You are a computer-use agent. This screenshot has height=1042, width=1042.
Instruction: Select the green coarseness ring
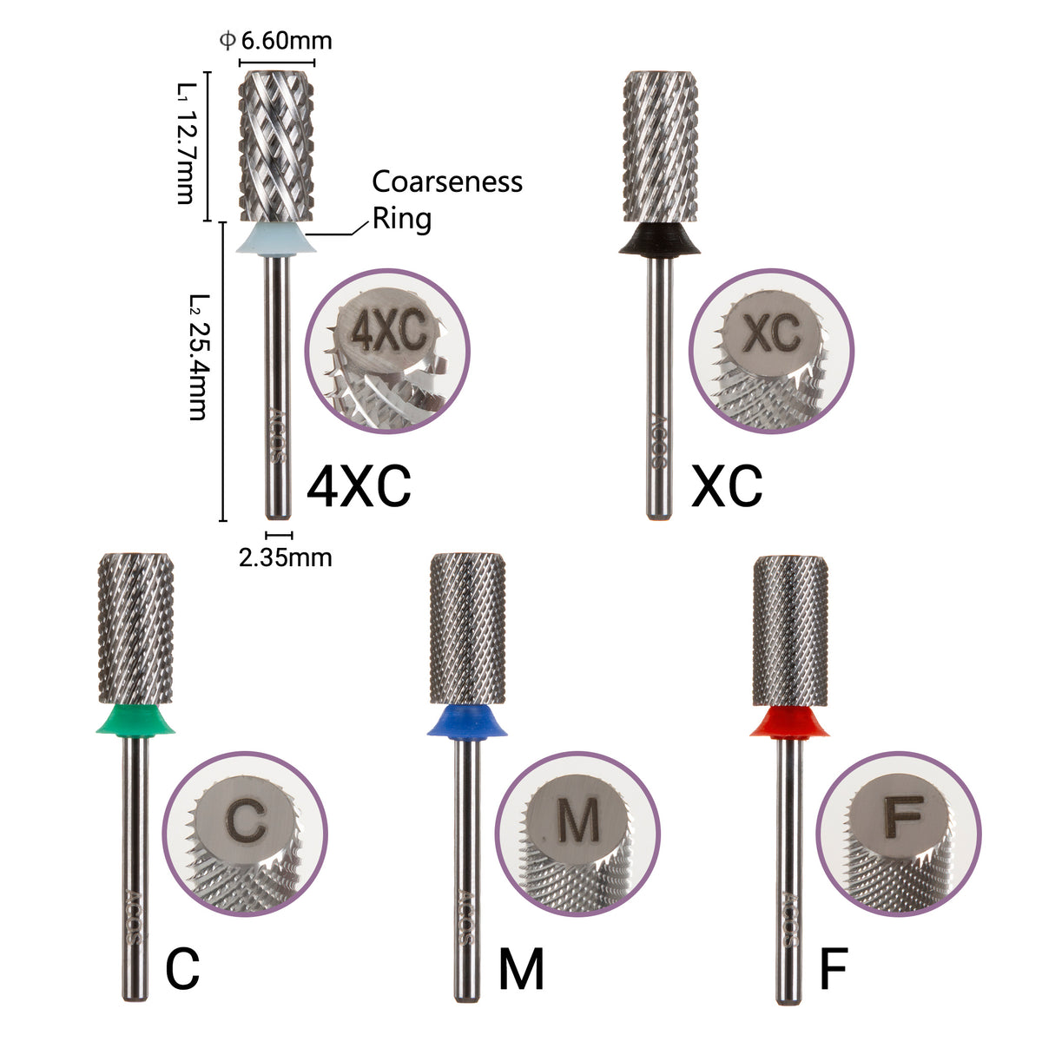[x=135, y=719]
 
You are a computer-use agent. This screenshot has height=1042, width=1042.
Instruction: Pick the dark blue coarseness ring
[x=467, y=720]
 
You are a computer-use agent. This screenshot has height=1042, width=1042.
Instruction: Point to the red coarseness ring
[x=788, y=720]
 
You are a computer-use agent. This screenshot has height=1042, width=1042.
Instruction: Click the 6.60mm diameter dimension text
[x=276, y=41]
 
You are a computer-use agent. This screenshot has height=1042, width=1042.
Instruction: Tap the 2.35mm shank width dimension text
[x=285, y=557]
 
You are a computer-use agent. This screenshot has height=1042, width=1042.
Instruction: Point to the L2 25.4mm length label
[x=197, y=357]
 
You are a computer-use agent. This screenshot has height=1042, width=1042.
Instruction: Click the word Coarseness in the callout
[x=447, y=181]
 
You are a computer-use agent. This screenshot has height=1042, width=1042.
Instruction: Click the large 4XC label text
[x=359, y=488]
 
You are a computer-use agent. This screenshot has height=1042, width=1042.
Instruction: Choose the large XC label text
[x=727, y=487]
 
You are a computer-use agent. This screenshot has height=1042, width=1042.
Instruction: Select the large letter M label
[x=521, y=969]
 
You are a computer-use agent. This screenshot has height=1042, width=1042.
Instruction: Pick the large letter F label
[x=833, y=969]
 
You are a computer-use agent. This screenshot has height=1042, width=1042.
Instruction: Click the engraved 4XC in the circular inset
[x=388, y=332]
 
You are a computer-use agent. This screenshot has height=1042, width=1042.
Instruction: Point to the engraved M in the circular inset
[x=578, y=819]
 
